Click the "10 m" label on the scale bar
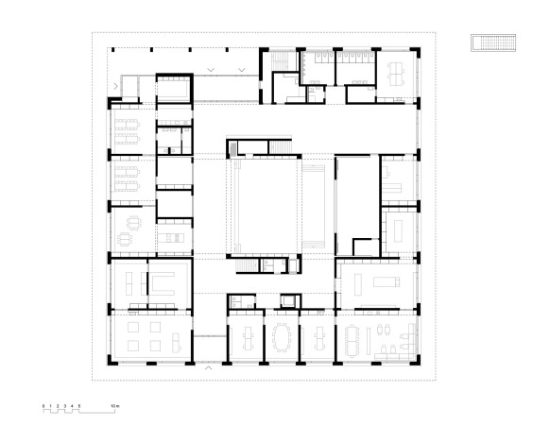pos(114,404)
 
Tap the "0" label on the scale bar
pos(43,404)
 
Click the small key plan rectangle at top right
pos(493,42)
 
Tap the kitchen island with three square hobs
pos(174,236)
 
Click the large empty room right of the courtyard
pos(355,203)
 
